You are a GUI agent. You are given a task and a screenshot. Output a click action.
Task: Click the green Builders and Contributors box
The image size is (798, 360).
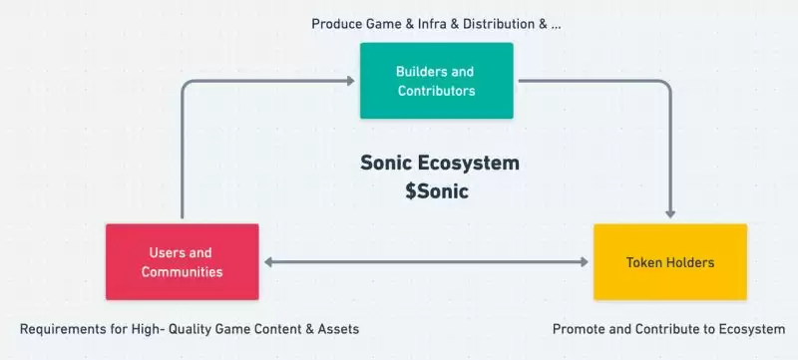(436, 81)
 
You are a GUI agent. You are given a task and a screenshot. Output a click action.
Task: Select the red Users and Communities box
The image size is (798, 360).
(182, 261)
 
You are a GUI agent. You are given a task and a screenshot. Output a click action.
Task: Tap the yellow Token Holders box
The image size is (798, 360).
(669, 261)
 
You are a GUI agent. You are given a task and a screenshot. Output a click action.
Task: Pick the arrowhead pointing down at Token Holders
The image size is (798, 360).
(670, 211)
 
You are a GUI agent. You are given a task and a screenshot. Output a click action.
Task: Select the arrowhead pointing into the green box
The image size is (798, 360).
(352, 82)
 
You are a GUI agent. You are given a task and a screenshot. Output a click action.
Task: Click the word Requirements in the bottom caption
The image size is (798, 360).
(62, 328)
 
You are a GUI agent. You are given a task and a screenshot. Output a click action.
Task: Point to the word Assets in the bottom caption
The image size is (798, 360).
(337, 328)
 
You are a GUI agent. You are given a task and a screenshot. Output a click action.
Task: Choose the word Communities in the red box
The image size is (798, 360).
(182, 271)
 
